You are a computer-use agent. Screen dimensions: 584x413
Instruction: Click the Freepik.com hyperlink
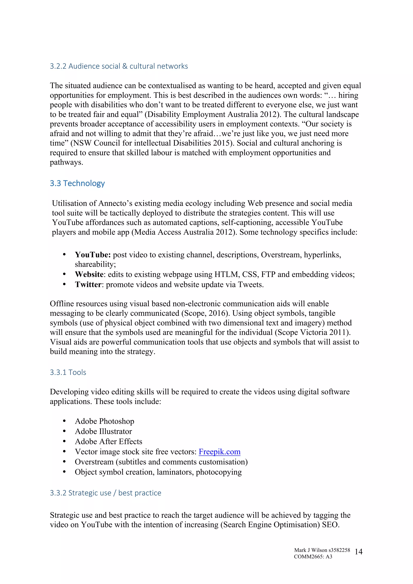[x=219, y=452]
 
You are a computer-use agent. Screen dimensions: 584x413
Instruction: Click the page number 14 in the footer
[x=358, y=552]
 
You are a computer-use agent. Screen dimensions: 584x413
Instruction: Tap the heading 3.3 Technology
[x=77, y=183]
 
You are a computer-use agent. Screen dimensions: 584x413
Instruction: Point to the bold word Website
[x=89, y=274]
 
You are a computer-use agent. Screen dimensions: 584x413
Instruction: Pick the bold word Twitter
[x=88, y=284]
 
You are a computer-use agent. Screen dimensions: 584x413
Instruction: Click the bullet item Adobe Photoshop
[x=104, y=421]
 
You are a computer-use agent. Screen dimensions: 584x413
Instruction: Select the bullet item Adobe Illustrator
[x=103, y=431]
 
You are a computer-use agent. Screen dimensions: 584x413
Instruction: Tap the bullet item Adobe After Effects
[x=108, y=442]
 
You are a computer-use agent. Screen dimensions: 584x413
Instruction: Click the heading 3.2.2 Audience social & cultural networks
[x=119, y=66]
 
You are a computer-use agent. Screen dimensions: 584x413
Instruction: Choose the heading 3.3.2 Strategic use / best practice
[x=105, y=493]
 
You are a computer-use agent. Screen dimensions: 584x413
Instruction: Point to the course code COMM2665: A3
[x=313, y=557]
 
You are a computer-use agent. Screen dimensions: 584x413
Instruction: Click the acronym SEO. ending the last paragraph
[x=331, y=525]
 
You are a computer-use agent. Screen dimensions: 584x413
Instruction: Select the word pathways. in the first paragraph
[x=66, y=162]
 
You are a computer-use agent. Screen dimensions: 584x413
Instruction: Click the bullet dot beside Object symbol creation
[x=64, y=472]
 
